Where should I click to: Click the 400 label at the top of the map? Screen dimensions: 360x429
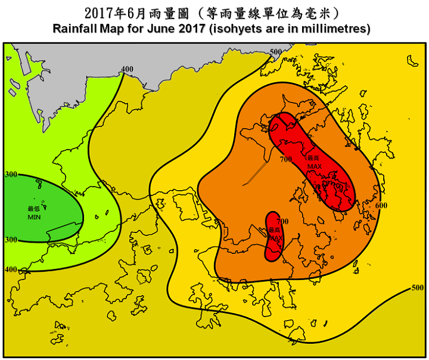click(x=126, y=69)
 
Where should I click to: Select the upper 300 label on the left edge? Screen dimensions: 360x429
click(x=11, y=174)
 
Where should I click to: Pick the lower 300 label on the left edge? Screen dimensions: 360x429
click(x=11, y=239)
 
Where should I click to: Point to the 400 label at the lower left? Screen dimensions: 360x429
click(x=11, y=269)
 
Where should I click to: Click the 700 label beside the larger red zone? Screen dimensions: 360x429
click(x=285, y=159)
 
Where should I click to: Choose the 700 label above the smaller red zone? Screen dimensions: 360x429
click(x=282, y=221)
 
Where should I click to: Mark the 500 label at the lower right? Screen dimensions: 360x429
click(x=418, y=287)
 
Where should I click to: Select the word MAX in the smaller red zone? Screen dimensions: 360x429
click(x=275, y=237)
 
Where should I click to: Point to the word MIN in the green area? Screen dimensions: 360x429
click(x=34, y=217)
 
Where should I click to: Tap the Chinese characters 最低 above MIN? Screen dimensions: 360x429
click(x=34, y=209)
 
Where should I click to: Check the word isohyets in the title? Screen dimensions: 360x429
click(x=230, y=29)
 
